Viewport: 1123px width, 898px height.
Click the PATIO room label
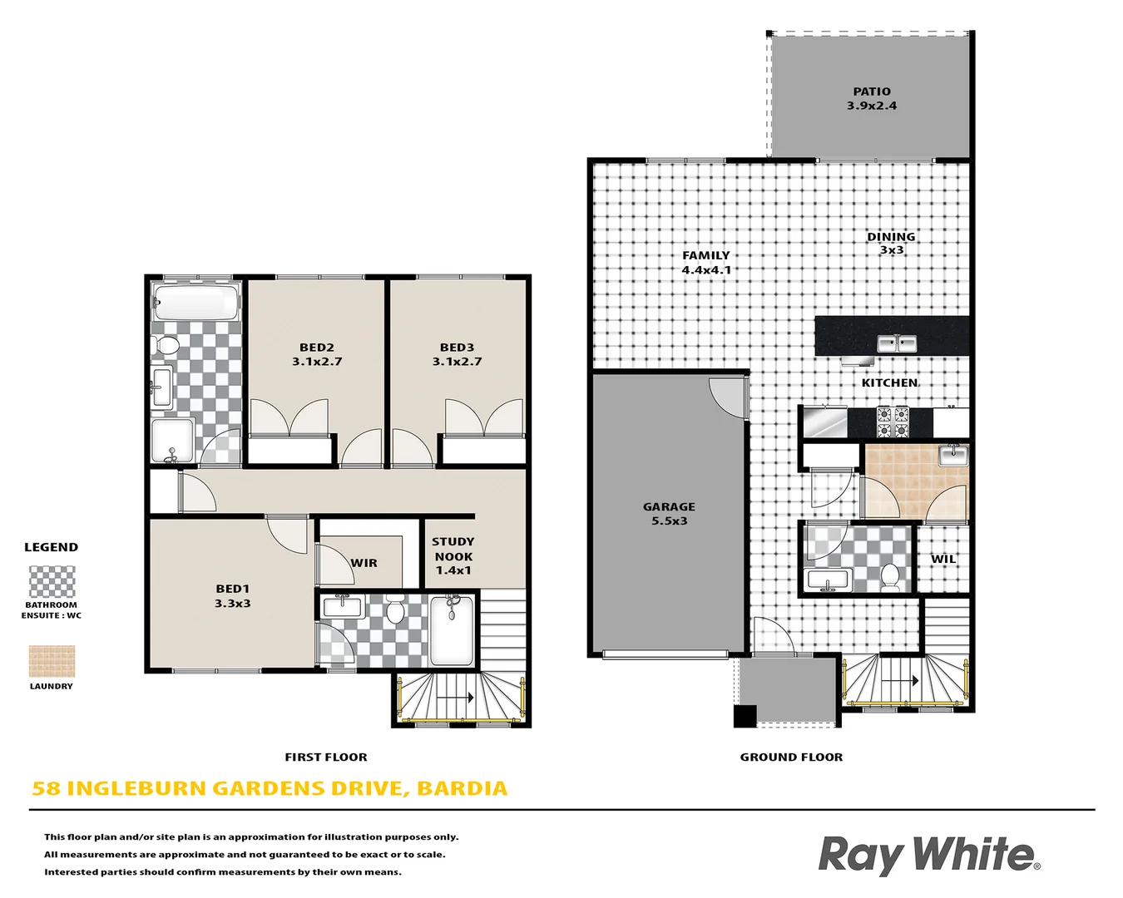click(x=871, y=98)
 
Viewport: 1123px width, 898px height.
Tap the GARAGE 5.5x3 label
click(x=669, y=513)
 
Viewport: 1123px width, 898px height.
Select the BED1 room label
click(x=232, y=595)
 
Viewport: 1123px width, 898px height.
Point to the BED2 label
click(x=317, y=354)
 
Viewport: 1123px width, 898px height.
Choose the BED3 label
click(x=457, y=354)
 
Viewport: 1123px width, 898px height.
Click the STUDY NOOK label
click(x=453, y=555)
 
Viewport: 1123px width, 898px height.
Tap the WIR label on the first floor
click(x=364, y=563)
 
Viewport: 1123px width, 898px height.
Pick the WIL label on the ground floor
click(x=943, y=559)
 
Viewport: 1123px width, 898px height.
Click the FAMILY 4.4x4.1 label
click(x=706, y=262)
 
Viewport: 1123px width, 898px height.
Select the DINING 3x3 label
click(x=891, y=243)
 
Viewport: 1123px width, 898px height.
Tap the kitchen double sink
click(x=897, y=343)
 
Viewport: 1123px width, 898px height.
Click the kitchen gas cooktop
click(x=893, y=422)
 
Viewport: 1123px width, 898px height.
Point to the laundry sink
click(x=952, y=455)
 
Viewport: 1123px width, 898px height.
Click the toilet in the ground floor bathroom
click(x=890, y=575)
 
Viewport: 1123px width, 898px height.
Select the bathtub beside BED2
click(x=196, y=302)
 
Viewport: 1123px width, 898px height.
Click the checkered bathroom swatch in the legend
click(x=52, y=582)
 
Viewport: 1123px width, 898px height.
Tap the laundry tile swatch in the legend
click(x=52, y=661)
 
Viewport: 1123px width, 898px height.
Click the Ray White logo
click(x=928, y=855)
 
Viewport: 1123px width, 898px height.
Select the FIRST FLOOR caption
click(x=325, y=757)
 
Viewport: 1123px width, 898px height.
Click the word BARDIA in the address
click(x=462, y=788)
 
